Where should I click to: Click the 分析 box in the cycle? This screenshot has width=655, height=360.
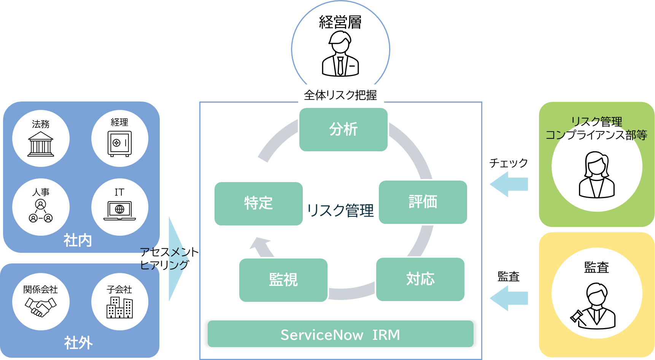[x=343, y=130]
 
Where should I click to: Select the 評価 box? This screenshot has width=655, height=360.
[x=423, y=202]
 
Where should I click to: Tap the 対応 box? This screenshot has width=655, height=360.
[x=420, y=279]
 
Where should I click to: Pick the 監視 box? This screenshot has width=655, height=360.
[x=283, y=280]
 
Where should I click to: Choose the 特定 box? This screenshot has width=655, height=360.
[x=258, y=204]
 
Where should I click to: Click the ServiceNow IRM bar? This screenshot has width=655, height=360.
[x=340, y=334]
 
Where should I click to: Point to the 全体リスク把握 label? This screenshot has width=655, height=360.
[x=340, y=95]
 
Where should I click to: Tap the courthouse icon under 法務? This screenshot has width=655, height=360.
[x=41, y=144]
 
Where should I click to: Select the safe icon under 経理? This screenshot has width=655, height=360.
[x=119, y=144]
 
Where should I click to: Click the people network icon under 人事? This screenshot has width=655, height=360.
[x=41, y=211]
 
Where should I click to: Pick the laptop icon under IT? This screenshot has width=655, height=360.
[x=119, y=211]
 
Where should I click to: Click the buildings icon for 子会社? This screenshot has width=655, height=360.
[x=119, y=307]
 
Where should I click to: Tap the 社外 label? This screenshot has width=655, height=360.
[x=78, y=343]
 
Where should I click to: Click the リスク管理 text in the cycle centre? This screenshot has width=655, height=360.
[x=340, y=210]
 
